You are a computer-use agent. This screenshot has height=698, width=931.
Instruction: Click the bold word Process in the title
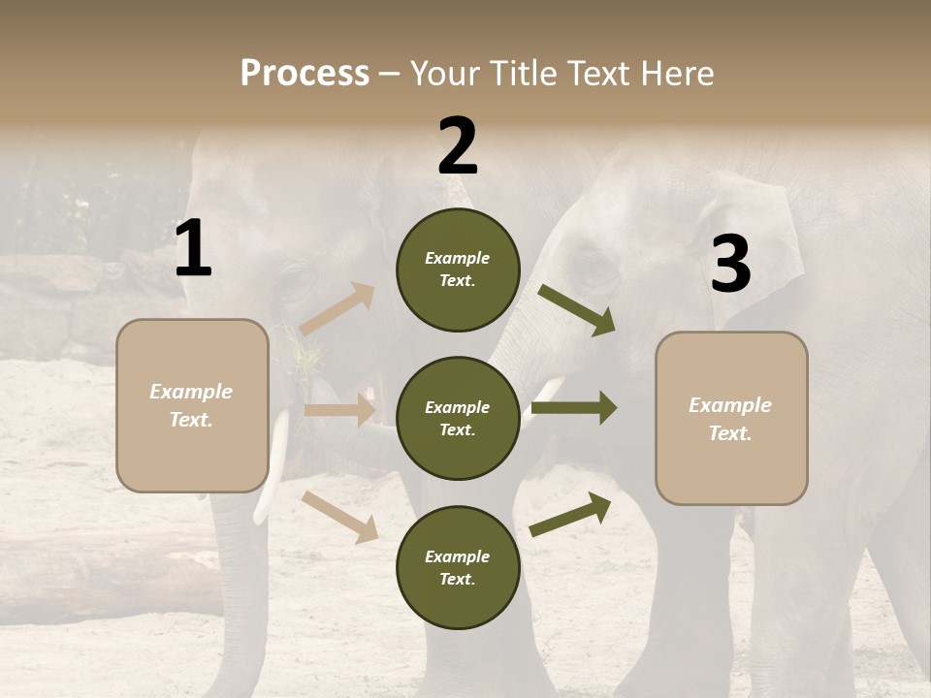click(305, 73)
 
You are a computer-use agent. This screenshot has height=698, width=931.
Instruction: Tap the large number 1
click(193, 249)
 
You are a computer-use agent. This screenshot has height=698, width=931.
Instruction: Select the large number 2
click(458, 146)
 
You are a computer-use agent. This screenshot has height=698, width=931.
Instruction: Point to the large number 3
click(730, 264)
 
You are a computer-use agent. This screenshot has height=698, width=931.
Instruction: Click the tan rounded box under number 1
click(192, 405)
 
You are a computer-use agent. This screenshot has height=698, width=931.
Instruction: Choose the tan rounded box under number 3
click(731, 418)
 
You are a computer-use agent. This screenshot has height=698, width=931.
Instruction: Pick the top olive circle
click(458, 270)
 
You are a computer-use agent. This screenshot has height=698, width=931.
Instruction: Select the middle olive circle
click(458, 418)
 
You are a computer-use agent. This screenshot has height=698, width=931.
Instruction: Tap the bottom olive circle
click(458, 567)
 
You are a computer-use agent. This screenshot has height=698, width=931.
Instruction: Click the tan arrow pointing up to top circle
click(337, 309)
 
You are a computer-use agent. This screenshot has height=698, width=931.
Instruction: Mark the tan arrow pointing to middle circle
click(339, 410)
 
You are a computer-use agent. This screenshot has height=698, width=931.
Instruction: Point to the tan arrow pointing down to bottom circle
click(340, 517)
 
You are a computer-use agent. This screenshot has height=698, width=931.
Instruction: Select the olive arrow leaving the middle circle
click(574, 408)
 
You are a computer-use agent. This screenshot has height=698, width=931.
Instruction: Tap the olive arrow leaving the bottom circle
click(571, 514)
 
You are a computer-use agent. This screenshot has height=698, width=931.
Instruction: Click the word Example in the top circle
click(458, 259)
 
